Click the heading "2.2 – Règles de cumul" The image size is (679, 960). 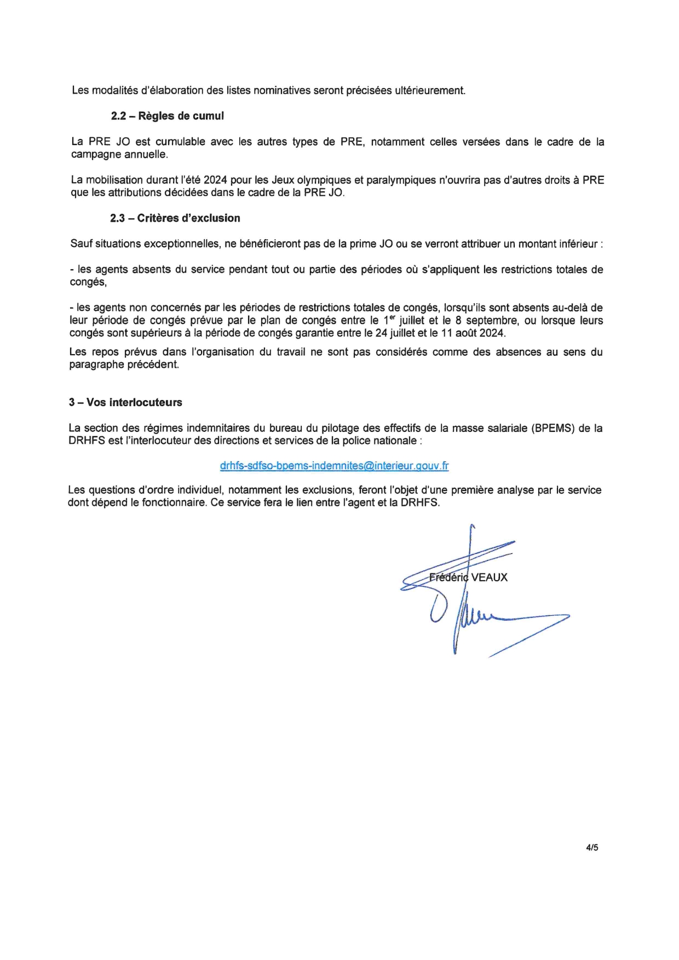167,116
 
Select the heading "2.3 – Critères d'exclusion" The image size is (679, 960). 175,218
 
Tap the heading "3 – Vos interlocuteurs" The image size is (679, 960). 125,402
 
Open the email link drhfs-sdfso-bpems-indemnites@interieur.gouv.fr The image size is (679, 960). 334,466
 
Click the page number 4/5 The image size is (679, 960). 592,848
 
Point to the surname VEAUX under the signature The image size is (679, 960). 489,577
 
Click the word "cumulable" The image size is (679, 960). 180,142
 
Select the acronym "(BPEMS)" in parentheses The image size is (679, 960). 552,428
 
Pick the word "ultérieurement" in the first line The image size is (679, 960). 430,90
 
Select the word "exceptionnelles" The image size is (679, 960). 181,244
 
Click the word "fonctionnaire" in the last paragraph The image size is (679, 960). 174,502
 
